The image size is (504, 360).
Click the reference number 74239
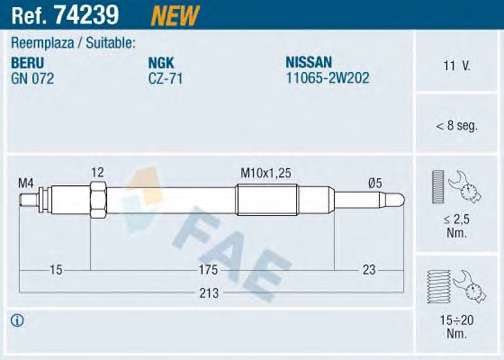(x=87, y=15)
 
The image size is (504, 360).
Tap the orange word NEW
(x=175, y=16)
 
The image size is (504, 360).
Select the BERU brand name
(x=27, y=63)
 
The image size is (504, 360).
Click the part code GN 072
(x=32, y=79)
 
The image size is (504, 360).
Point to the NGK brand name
(x=161, y=63)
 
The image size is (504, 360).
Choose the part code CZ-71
(x=165, y=79)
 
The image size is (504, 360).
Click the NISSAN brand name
(x=309, y=62)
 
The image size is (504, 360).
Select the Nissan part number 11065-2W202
(x=328, y=78)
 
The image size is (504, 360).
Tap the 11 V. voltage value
(x=457, y=65)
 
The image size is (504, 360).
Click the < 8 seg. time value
(x=457, y=126)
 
